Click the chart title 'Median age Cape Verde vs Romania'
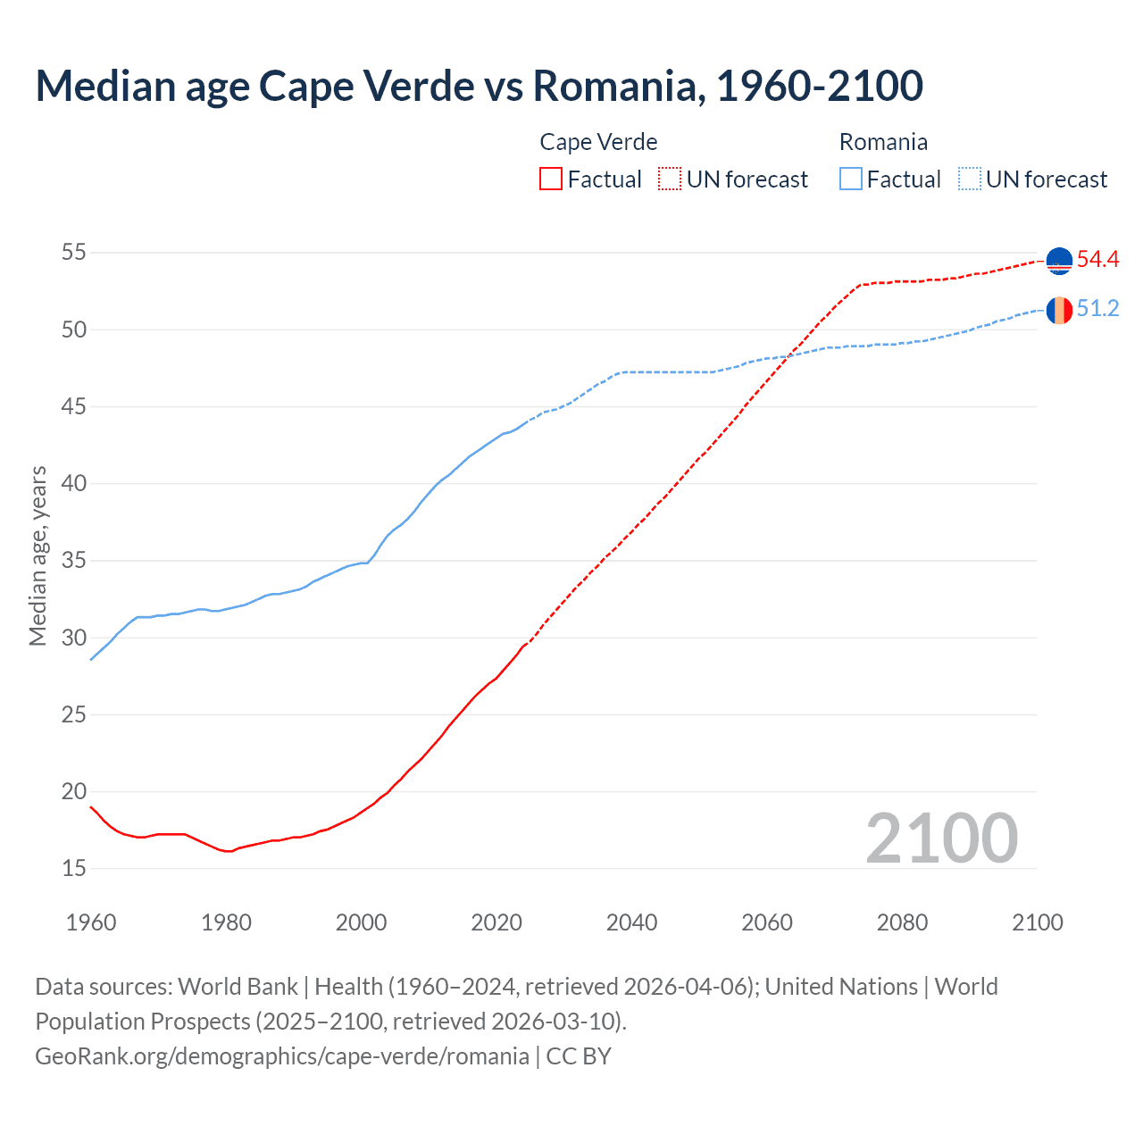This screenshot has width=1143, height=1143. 479,86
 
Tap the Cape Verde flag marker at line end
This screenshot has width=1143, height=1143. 1059,261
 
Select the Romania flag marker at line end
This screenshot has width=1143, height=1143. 1059,310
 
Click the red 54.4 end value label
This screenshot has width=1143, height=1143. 1097,260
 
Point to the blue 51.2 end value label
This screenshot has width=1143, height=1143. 1097,309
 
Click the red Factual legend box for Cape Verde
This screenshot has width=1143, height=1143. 551,179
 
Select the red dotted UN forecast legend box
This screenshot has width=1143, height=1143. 670,179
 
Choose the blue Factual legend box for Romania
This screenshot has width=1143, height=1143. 851,179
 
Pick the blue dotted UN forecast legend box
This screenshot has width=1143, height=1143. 970,179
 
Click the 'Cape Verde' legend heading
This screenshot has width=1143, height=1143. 598,142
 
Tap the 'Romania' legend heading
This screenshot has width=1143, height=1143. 883,142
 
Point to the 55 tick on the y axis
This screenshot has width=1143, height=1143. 74,253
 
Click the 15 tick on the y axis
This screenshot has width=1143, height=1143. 74,868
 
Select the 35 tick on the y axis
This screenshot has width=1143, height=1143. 74,561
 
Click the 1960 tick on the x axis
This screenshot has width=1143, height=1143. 91,922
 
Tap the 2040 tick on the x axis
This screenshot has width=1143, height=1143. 631,922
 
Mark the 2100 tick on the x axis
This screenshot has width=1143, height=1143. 1037,922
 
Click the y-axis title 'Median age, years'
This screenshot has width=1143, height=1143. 38,555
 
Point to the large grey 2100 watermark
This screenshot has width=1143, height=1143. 941,838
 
